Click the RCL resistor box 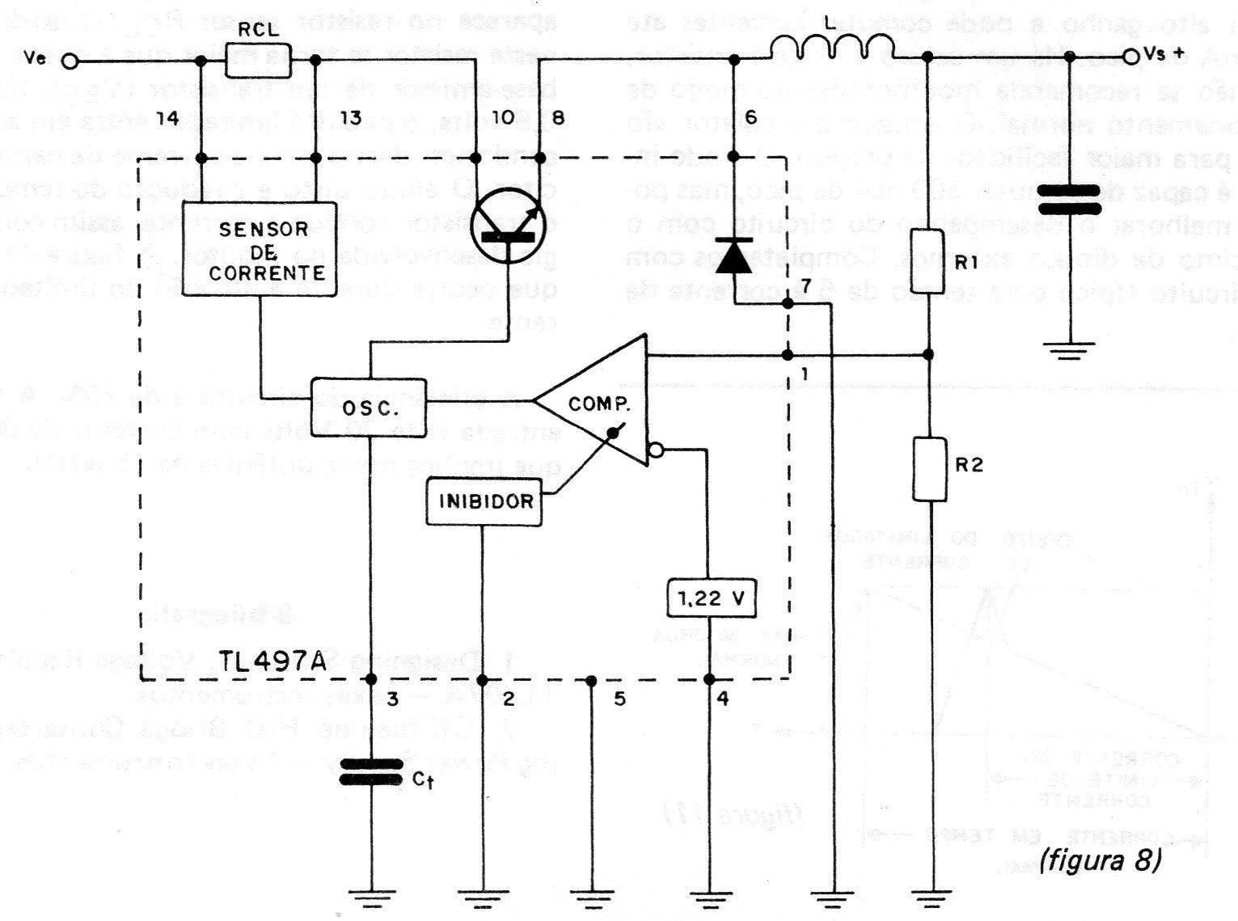(257, 61)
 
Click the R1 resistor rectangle (927, 262)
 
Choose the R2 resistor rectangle (929, 469)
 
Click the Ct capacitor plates (370, 771)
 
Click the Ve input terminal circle (71, 61)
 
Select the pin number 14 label (167, 119)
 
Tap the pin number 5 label (619, 699)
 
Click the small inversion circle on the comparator (656, 449)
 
